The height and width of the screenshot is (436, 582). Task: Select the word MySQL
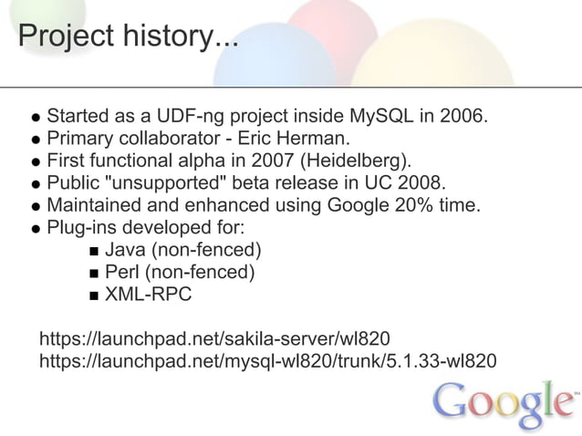(x=382, y=118)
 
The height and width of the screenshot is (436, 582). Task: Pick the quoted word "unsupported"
(x=174, y=183)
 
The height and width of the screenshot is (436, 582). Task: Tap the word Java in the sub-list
(x=124, y=249)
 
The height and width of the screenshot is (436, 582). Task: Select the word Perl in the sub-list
(x=123, y=271)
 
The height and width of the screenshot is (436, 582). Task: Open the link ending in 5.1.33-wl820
(x=268, y=360)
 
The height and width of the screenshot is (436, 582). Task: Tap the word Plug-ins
(x=82, y=227)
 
